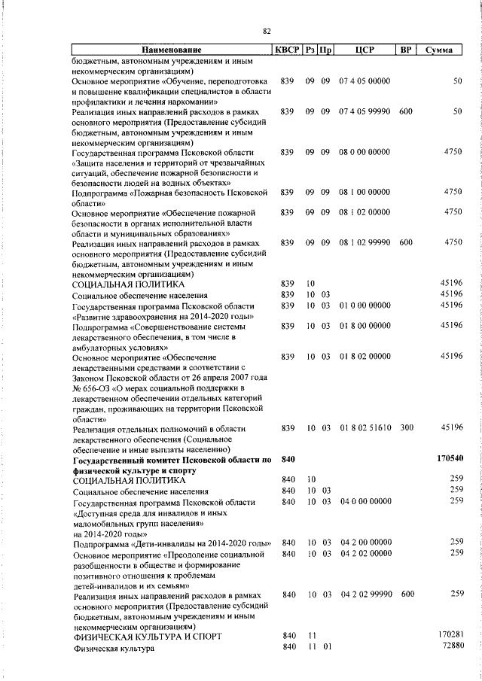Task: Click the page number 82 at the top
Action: point(267,31)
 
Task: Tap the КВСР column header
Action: point(286,50)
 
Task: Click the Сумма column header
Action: point(439,50)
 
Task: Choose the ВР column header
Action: point(406,50)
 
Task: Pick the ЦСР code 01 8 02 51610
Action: point(365,427)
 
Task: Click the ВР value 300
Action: point(406,427)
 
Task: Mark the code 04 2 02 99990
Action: point(365,594)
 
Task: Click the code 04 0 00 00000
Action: point(365,501)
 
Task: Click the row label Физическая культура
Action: point(108,648)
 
